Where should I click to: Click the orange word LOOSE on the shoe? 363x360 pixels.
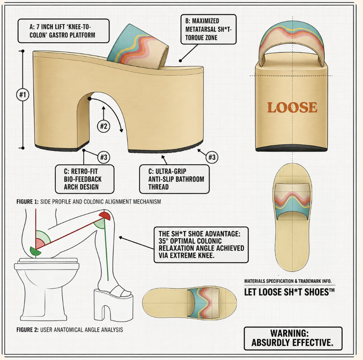pos(292,108)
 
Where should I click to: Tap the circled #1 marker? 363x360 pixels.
pos(23,95)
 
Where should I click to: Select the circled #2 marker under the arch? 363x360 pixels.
pos(104,126)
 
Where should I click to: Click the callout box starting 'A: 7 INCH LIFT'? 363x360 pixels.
pos(64,31)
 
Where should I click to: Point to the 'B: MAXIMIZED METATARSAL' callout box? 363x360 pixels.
pos(208,29)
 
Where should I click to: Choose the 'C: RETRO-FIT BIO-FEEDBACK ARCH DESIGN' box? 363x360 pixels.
pos(85,179)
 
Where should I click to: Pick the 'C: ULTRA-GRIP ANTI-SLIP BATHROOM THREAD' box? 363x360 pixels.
pos(174,179)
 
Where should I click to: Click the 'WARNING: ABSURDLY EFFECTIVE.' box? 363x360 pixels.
pos(293,338)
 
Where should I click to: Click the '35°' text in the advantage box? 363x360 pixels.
pos(164,241)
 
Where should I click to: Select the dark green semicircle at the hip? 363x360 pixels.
pos(35,252)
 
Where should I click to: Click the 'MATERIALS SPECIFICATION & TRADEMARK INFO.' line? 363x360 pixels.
pos(288,281)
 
